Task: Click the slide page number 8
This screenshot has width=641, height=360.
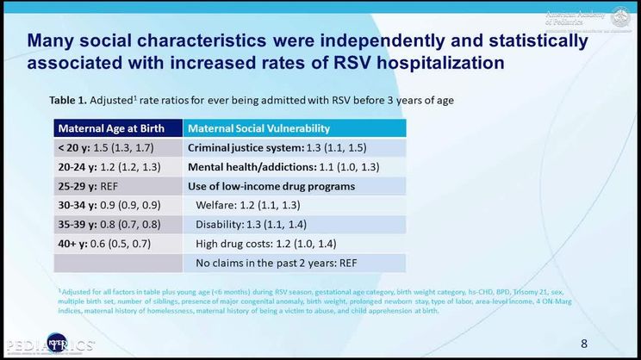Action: click(584, 344)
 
